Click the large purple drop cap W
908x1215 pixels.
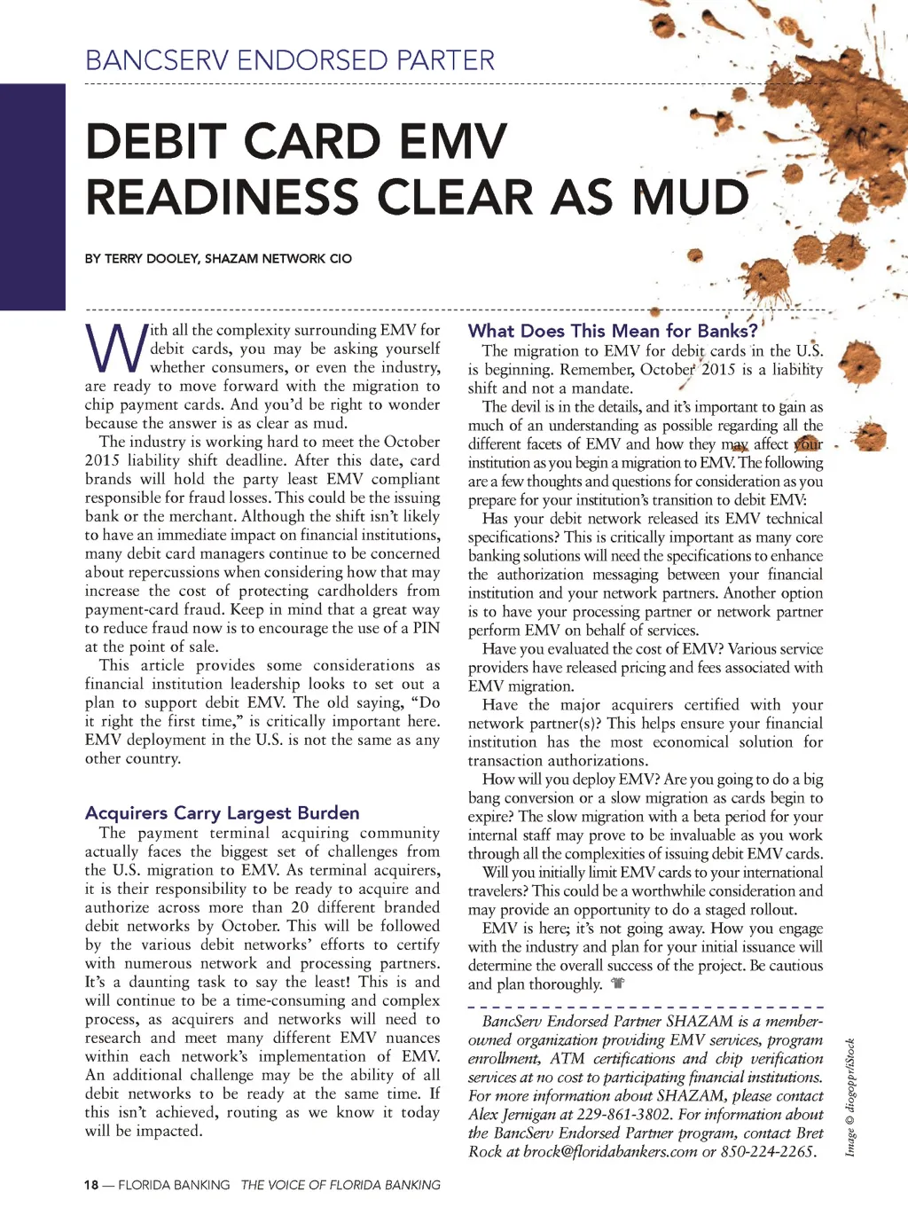113,349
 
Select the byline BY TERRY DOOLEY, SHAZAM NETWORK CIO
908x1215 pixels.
218,259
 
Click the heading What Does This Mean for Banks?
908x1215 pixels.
613,331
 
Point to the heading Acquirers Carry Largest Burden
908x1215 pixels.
222,812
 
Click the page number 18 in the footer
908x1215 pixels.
91,1185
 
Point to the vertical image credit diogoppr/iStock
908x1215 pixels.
849,1097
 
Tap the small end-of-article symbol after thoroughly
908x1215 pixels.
618,984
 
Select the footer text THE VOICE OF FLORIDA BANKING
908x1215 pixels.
340,1185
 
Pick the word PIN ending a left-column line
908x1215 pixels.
426,628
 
